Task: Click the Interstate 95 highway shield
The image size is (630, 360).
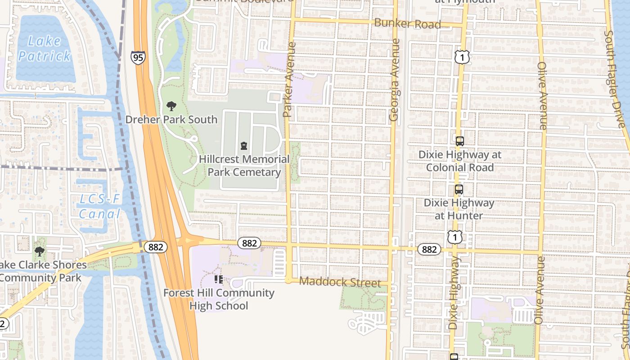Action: coord(138,57)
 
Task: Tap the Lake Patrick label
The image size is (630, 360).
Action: coord(44,49)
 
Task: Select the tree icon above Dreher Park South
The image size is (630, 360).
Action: coord(171,107)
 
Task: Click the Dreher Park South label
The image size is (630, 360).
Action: coord(171,120)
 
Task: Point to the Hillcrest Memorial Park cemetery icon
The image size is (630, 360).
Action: coord(244,146)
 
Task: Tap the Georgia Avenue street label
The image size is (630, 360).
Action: coord(394,80)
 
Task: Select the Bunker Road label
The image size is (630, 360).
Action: coord(407,23)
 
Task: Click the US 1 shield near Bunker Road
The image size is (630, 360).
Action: coord(462,57)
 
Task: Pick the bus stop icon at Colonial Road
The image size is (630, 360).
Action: coord(459,141)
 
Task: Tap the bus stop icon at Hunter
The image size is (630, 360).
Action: coord(459,189)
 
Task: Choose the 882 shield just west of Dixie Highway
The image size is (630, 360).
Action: coord(429,249)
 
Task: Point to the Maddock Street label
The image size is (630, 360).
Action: coord(340,282)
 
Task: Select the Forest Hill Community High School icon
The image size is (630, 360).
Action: coord(219,280)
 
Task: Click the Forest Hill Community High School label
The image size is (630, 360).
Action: coord(219,299)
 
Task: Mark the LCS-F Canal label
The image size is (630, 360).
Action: coord(100,207)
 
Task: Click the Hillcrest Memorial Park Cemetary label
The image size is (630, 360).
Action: coord(244,166)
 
